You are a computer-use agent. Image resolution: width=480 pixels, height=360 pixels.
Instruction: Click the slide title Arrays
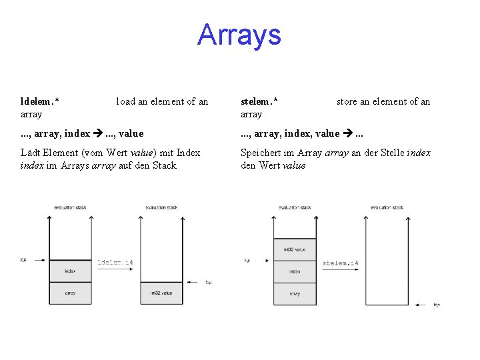click(239, 35)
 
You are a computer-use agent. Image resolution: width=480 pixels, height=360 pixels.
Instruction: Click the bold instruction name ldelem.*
click(39, 101)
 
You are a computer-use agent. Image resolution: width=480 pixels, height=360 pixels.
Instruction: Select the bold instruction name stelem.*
click(259, 101)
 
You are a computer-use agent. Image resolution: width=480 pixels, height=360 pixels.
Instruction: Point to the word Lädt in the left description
click(29, 153)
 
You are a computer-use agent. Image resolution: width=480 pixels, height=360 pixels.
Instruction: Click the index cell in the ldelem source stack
click(70, 271)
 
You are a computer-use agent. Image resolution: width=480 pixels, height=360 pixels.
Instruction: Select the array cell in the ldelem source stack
click(70, 293)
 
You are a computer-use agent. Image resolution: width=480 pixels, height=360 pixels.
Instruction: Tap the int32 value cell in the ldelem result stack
click(161, 293)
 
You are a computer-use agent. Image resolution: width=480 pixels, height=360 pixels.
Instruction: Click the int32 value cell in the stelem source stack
click(295, 249)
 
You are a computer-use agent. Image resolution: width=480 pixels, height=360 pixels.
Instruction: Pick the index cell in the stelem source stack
click(295, 271)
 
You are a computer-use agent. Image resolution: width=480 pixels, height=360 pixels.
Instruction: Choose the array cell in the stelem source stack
click(295, 293)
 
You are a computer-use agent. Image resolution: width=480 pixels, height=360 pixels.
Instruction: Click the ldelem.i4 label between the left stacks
click(115, 263)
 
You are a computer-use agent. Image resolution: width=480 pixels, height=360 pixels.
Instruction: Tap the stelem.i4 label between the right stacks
click(340, 263)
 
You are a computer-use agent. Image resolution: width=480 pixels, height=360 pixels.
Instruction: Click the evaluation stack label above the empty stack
click(387, 207)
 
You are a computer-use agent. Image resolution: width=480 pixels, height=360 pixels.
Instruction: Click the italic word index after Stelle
click(419, 153)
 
